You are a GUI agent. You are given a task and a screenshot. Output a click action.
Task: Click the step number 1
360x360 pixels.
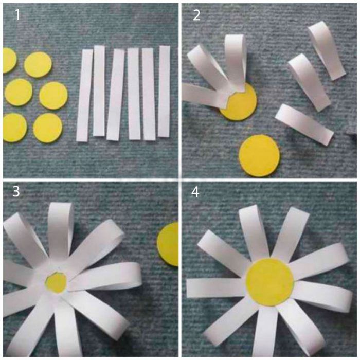17,15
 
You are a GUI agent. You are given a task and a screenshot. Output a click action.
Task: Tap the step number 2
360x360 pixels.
196,15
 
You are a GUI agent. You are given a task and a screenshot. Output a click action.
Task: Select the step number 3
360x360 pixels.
16,191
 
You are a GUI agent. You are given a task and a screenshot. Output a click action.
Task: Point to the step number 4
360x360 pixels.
195,192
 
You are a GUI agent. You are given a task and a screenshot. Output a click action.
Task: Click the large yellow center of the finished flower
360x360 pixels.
270,282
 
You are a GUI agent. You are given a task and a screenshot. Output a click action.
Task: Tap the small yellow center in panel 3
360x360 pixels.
56,282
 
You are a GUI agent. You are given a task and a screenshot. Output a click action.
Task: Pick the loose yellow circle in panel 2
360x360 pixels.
259,156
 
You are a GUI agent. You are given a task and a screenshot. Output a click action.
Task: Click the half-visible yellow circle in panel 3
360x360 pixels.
168,244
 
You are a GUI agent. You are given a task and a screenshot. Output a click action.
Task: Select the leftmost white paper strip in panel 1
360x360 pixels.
84,95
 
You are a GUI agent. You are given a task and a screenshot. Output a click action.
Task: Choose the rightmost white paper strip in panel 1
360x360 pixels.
164,92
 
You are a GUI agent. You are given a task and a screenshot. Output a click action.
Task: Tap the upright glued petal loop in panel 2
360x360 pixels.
236,62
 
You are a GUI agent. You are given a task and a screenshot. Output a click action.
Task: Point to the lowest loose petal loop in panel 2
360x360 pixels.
304,124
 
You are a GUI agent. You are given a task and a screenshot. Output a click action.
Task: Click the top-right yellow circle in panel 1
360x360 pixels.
38,64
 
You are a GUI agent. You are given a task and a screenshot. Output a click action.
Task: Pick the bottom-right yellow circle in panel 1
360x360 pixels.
47,128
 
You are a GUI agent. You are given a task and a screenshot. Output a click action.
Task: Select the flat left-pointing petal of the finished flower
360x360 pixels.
216,288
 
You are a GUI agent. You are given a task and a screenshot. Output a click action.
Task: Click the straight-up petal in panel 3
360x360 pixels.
60,232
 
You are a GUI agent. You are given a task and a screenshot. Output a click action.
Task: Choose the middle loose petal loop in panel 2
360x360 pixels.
309,82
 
